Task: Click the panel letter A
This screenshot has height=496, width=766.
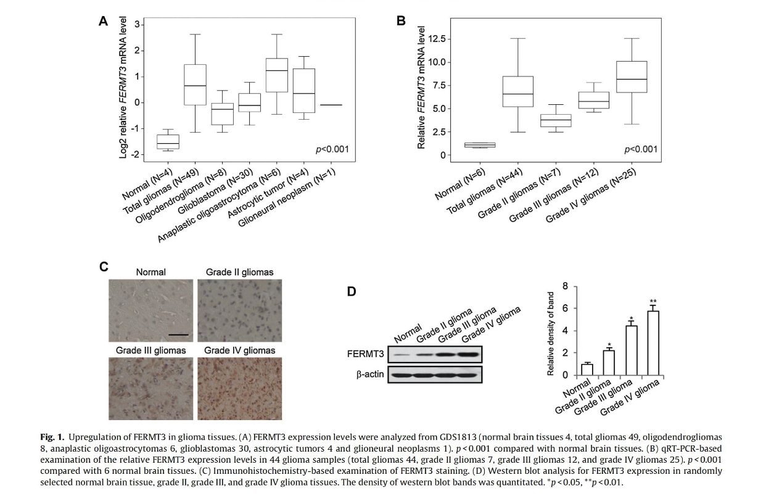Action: coord(104,21)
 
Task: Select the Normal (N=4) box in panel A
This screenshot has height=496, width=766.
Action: coord(168,142)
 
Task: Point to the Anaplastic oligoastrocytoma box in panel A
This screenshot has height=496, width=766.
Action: coord(277,75)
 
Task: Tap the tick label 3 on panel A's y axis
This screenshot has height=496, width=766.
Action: coord(137,24)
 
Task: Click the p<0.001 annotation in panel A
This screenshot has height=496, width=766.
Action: coord(332,149)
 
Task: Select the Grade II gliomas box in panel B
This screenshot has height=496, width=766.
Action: coord(556,120)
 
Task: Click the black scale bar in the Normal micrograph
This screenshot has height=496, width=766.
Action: coord(178,334)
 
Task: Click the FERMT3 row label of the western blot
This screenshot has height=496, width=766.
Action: coord(366,354)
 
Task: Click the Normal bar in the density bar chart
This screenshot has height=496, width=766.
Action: coord(587,370)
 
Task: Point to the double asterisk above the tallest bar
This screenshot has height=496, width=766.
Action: coord(653,302)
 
